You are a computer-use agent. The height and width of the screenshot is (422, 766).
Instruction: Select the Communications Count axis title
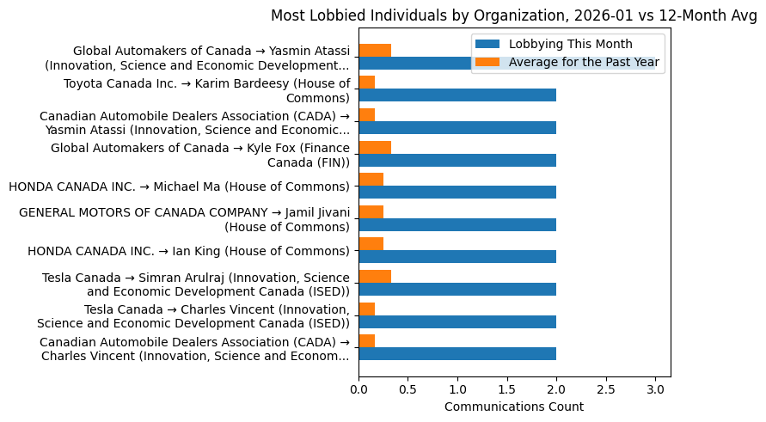[513, 407]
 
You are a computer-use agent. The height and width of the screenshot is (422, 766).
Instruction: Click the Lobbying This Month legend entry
[570, 44]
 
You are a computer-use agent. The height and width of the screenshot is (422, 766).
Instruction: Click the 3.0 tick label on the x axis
[656, 389]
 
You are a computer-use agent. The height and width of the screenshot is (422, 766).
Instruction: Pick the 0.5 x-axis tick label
[408, 389]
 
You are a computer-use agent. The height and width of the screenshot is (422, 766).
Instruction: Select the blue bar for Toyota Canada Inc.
[457, 95]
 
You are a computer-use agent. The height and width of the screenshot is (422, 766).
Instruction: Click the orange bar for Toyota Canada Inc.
[367, 83]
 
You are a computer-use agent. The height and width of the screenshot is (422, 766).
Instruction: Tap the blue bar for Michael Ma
[457, 193]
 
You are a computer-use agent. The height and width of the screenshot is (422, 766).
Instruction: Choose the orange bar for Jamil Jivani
[371, 211]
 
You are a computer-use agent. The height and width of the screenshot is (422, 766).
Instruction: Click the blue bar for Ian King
[457, 257]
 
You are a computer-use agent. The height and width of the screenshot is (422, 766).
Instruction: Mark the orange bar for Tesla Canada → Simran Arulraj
[375, 276]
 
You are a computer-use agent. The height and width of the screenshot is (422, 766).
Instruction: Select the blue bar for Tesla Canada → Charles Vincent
[457, 321]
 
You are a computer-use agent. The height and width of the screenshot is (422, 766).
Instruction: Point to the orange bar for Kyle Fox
[375, 147]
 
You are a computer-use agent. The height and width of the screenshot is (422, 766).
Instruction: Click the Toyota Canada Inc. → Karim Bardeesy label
[206, 90]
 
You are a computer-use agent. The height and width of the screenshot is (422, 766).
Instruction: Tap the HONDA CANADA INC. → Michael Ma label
[179, 187]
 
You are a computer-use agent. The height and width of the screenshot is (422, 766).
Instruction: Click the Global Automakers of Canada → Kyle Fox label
[199, 155]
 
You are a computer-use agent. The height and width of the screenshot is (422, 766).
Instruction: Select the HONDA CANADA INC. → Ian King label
[188, 251]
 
